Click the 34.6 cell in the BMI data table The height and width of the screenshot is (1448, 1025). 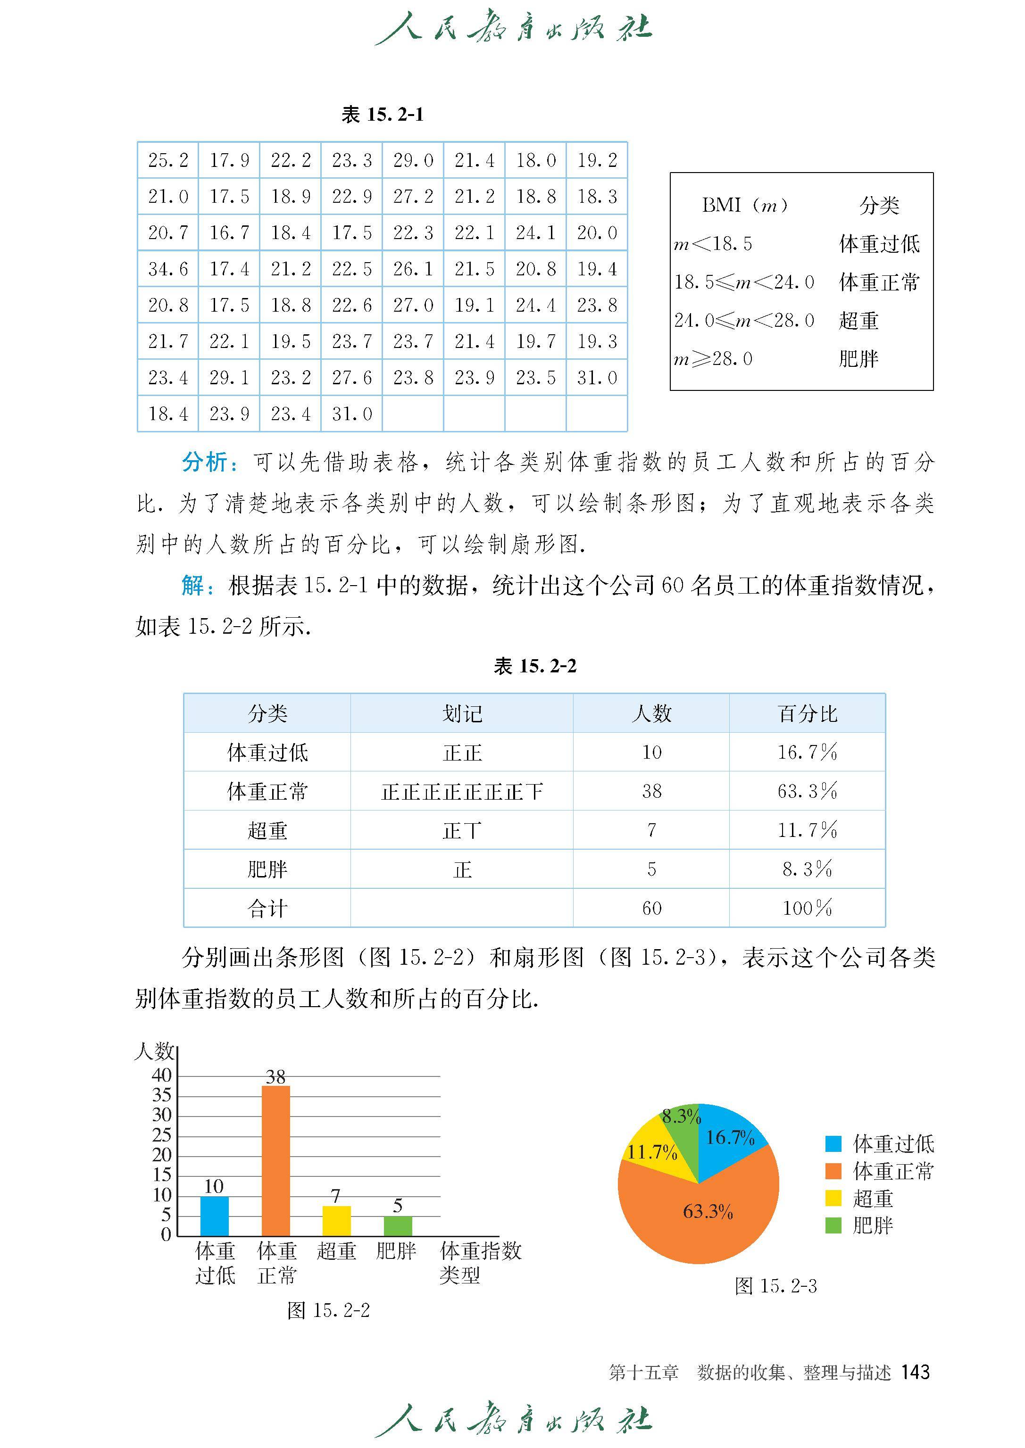(168, 269)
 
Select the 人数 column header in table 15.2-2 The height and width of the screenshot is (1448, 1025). (651, 713)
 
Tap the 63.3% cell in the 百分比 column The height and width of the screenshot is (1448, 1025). (807, 791)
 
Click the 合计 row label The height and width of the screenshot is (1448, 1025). (267, 909)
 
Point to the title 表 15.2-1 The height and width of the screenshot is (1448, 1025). (383, 114)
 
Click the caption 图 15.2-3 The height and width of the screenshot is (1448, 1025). (775, 1286)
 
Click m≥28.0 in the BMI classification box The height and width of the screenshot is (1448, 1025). (713, 359)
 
